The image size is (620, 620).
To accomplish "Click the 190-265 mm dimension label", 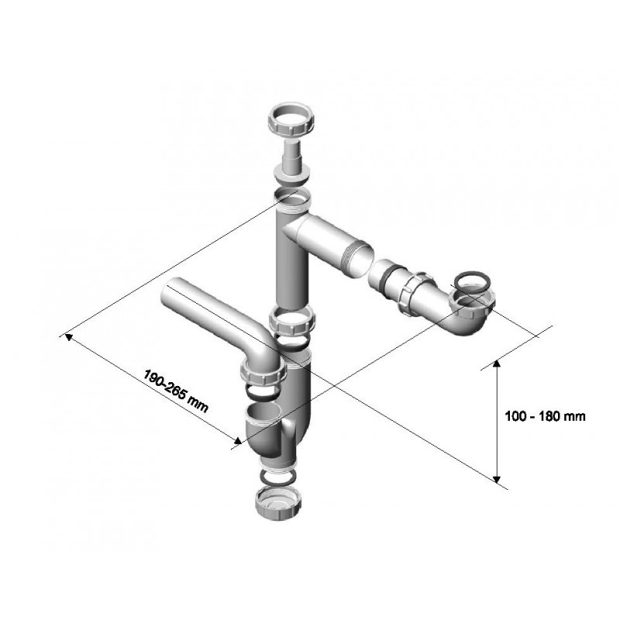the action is point(175,391).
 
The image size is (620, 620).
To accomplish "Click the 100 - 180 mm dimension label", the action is point(545,416).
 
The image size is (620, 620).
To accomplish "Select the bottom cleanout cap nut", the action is point(280,502).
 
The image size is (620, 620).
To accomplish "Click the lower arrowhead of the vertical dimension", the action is point(497,478).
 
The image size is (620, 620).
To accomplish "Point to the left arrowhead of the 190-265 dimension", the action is point(69,337).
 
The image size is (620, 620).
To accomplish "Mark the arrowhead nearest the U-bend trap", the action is point(237,441).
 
